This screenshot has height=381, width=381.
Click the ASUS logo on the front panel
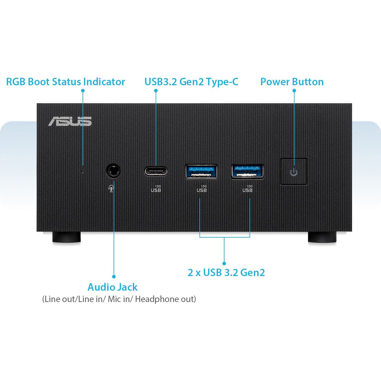70,121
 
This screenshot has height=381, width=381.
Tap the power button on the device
294,172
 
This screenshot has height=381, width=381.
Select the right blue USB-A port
247,171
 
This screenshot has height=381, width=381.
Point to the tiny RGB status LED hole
83,171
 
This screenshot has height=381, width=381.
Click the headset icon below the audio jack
111,189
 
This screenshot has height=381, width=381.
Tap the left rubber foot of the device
66,237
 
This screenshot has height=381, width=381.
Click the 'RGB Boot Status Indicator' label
66,82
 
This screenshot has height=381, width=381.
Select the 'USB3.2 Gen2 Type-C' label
191,82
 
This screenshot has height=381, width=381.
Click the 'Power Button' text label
292,82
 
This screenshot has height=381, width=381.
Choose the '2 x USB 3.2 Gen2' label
226,272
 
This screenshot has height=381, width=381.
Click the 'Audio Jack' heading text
112,287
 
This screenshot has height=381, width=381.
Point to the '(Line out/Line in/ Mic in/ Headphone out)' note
119,299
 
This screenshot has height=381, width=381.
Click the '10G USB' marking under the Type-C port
156,188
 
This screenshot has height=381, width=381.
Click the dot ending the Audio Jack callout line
114,277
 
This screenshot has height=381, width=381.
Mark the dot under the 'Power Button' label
294,90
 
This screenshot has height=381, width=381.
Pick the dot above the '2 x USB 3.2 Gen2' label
224,263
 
